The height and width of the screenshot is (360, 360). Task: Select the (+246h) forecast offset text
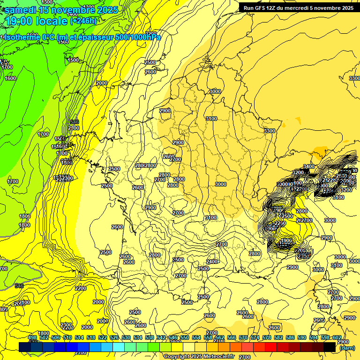83,21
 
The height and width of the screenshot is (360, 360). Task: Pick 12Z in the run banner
277,8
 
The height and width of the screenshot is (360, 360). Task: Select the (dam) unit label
347,348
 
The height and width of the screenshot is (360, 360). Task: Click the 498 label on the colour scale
32,337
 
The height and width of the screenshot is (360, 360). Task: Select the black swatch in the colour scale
330,347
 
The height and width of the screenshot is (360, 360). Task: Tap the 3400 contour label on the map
309,166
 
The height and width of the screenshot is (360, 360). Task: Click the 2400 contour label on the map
212,262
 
